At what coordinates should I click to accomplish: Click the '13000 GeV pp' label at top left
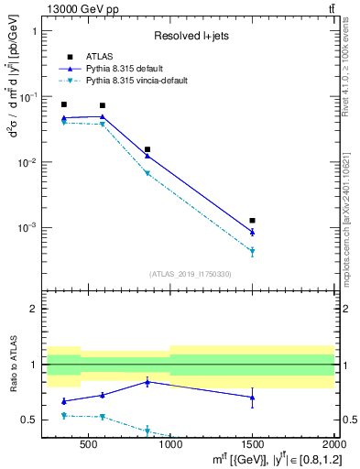(x=73, y=8)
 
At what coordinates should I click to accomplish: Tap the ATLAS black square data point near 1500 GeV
(x=252, y=221)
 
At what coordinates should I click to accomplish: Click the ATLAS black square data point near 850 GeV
(x=147, y=149)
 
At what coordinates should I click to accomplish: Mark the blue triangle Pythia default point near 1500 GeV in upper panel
(x=252, y=232)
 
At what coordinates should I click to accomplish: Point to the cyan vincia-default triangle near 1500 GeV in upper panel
(x=252, y=252)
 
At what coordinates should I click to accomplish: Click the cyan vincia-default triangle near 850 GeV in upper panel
(x=147, y=173)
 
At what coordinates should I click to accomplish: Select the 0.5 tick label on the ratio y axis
(x=30, y=420)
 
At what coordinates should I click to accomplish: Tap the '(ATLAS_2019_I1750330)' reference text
(x=191, y=274)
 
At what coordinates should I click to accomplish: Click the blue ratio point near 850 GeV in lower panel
(x=147, y=382)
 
